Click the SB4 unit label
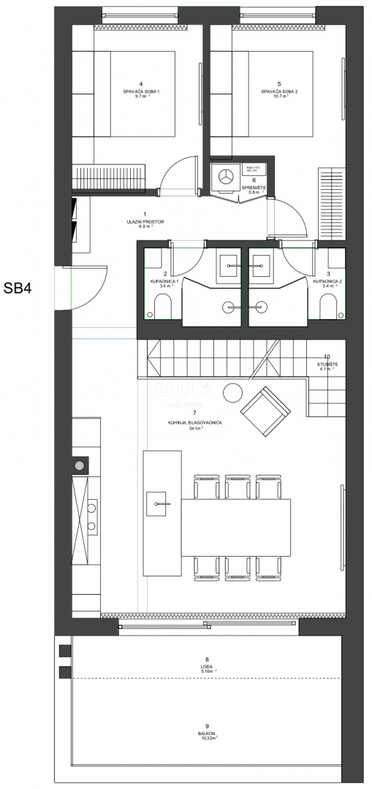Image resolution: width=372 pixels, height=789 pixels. click(21, 287)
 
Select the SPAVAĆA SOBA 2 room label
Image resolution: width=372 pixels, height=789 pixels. click(279, 91)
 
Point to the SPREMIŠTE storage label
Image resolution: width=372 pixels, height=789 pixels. click(254, 188)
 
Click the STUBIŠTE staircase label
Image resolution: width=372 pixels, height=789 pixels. click(326, 363)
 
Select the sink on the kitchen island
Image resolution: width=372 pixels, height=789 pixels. click(159, 502)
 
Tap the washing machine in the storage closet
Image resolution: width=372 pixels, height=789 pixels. click(226, 176)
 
